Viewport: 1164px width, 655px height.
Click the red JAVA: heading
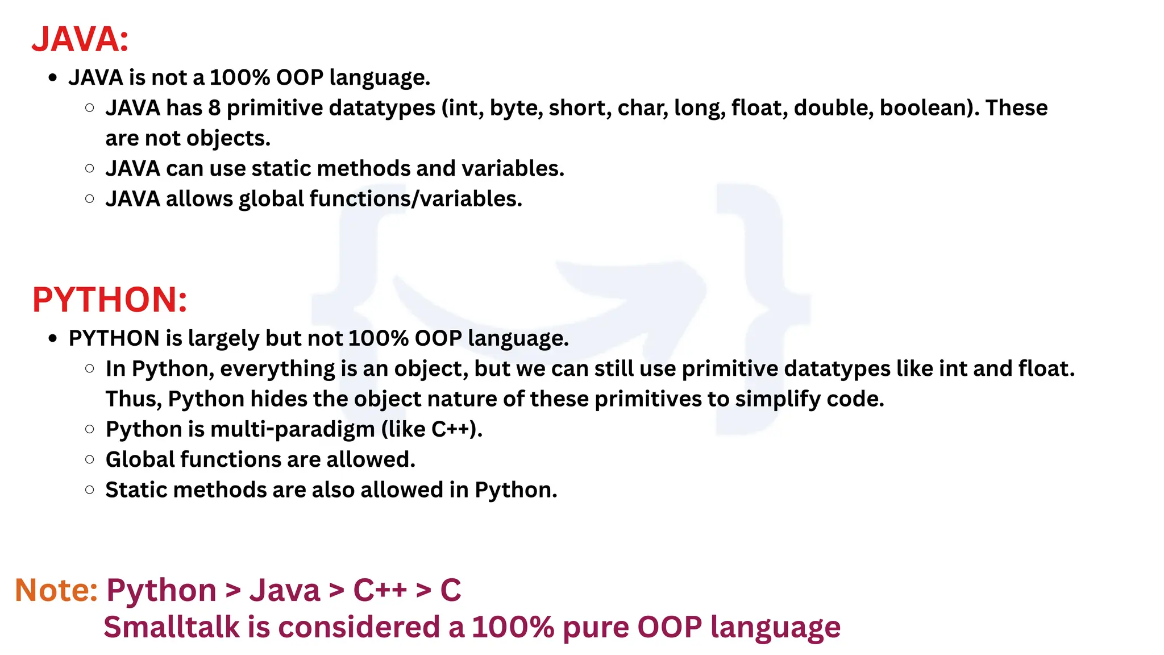(80, 39)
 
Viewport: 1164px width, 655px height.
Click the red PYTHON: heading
(110, 300)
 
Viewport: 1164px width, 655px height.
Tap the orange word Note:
(56, 590)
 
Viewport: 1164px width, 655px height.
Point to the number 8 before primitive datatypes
(214, 108)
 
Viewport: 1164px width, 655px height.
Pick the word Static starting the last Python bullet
(136, 490)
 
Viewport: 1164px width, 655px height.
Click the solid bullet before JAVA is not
(53, 78)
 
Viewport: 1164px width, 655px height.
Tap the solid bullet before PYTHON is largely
(53, 339)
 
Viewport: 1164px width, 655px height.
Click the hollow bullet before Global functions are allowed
(89, 459)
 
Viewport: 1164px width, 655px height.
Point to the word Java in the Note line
(285, 590)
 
